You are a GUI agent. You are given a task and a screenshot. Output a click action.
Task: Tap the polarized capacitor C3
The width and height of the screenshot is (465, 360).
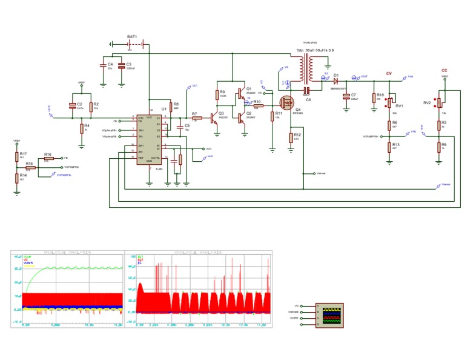coord(121,65)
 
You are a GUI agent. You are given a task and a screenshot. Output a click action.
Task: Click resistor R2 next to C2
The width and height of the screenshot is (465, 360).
coord(90,107)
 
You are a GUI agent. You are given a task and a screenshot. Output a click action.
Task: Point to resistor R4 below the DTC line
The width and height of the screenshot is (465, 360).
coord(81,128)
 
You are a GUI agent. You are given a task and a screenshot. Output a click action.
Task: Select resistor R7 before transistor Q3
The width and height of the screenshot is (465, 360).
coord(196,118)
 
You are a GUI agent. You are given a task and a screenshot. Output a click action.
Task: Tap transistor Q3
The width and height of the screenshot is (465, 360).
coord(214,118)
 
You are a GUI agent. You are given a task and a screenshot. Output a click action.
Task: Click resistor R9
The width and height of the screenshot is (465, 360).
coord(217,95)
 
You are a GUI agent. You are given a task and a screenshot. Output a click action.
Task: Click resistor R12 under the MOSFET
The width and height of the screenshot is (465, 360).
coord(291,137)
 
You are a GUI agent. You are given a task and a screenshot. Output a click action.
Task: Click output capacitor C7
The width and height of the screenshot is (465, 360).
coord(346,96)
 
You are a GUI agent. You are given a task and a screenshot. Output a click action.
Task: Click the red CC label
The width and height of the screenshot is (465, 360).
coord(444,70)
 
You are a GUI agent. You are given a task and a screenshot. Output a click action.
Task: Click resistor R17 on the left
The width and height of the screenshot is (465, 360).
coord(17,156)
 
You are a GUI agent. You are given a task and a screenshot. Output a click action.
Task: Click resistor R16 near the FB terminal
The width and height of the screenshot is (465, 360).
coord(47,158)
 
